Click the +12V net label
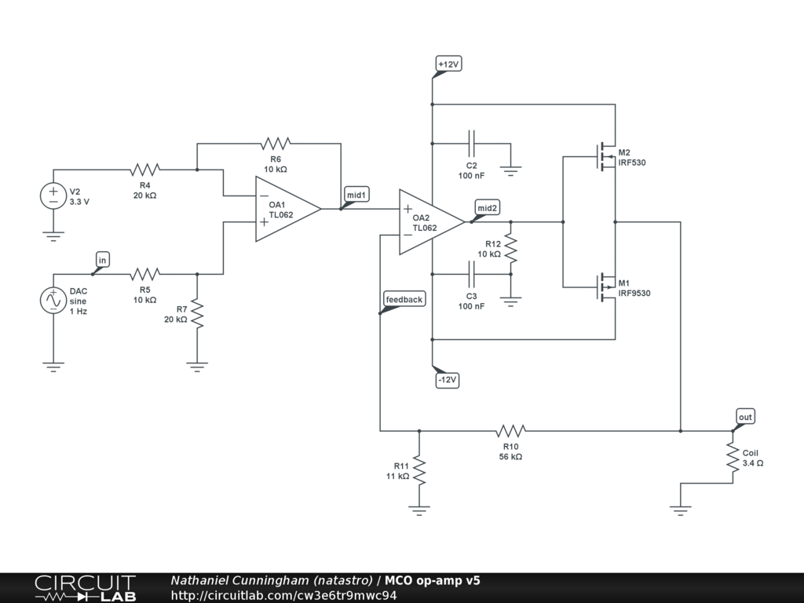tap(448, 64)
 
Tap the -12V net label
tap(447, 380)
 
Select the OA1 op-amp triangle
tap(288, 209)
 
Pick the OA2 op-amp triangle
tap(432, 222)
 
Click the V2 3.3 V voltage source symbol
tap(53, 196)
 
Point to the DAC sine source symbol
tap(53, 301)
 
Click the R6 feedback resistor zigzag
tap(276, 144)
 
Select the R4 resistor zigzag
tap(144, 170)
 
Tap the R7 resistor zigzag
tap(197, 314)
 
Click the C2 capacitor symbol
tap(472, 144)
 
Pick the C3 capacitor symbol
tap(472, 274)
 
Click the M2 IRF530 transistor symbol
tap(606, 156)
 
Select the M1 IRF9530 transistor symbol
tap(606, 287)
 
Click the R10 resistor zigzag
tap(510, 431)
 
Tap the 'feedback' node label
tap(404, 299)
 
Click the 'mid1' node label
tap(356, 195)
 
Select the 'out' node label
tap(745, 417)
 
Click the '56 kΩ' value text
tap(510, 457)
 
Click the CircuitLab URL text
tap(283, 595)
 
